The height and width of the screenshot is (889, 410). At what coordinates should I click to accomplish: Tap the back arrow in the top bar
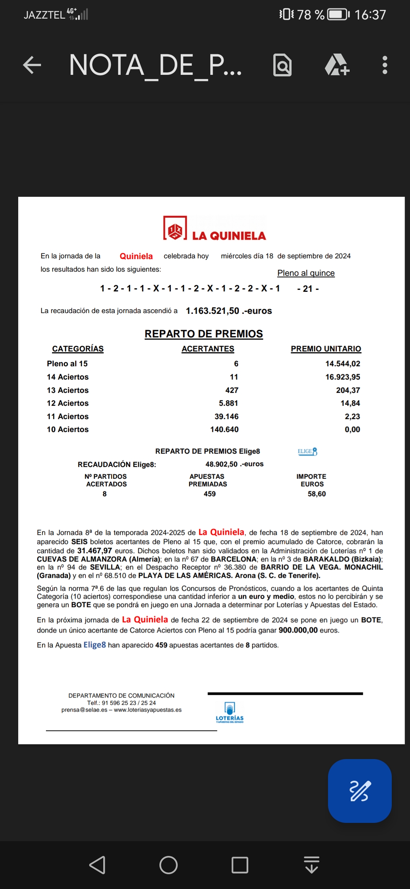pyautogui.click(x=32, y=65)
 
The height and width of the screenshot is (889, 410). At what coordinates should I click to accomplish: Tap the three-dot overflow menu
pyautogui.click(x=385, y=65)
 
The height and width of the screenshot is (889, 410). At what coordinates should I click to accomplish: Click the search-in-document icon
pyautogui.click(x=282, y=65)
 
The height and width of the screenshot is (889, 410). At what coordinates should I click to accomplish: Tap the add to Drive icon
pyautogui.click(x=337, y=65)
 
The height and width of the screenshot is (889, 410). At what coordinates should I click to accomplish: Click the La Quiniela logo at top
pyautogui.click(x=214, y=229)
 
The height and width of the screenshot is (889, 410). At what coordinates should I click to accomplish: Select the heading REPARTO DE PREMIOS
pyautogui.click(x=204, y=334)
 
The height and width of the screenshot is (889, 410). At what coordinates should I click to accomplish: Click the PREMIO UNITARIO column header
pyautogui.click(x=326, y=349)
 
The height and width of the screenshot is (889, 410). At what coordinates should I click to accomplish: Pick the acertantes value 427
pyautogui.click(x=232, y=390)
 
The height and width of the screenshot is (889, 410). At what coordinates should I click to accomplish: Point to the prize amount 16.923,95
pyautogui.click(x=342, y=377)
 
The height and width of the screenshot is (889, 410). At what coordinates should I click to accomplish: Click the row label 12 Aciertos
pyautogui.click(x=68, y=403)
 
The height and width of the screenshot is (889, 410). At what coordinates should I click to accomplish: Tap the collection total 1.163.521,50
pyautogui.click(x=212, y=311)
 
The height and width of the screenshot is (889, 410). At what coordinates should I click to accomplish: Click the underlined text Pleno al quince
pyautogui.click(x=306, y=273)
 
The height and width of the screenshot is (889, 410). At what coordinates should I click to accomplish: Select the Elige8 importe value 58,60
pyautogui.click(x=317, y=494)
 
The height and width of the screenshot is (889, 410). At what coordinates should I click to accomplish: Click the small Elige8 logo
pyautogui.click(x=307, y=452)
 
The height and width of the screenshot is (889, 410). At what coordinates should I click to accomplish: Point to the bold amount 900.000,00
pyautogui.click(x=298, y=630)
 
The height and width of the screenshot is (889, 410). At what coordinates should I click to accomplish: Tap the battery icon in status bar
pyautogui.click(x=338, y=14)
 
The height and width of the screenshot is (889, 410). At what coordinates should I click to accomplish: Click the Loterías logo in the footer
pyautogui.click(x=230, y=712)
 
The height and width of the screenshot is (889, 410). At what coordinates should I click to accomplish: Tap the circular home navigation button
pyautogui.click(x=169, y=865)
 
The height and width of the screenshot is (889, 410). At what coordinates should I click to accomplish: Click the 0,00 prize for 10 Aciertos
pyautogui.click(x=352, y=430)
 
